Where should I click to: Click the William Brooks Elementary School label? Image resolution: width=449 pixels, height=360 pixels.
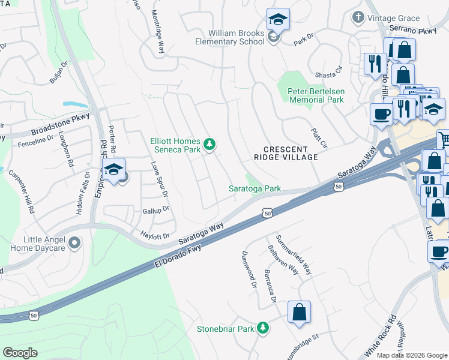tap(237, 37)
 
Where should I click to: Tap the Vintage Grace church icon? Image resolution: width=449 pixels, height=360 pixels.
tap(358, 17)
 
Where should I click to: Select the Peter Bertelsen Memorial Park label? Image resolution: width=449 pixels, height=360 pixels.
tap(316, 95)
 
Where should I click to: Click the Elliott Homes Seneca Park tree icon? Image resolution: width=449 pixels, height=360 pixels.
tap(209, 143)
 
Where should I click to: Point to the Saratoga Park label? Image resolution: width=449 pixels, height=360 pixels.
tap(255, 188)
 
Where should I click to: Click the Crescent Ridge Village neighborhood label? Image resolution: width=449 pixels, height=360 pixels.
tap(285, 152)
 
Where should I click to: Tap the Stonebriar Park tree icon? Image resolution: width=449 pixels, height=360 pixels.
tap(262, 328)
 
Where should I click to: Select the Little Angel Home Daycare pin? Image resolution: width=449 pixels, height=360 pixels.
tap(74, 242)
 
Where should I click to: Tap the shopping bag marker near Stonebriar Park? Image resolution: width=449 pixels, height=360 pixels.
tap(299, 313)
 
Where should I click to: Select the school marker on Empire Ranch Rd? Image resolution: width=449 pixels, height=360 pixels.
tap(113, 170)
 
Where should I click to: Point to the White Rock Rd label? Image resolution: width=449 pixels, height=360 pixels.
tap(380, 335)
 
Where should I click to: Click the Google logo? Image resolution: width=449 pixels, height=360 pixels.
tap(20, 353)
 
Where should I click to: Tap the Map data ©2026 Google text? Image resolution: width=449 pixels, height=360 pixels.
tap(411, 355)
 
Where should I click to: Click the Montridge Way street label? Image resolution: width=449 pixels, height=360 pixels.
tap(157, 32)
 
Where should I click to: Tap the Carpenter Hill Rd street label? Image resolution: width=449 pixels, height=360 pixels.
tap(23, 193)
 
